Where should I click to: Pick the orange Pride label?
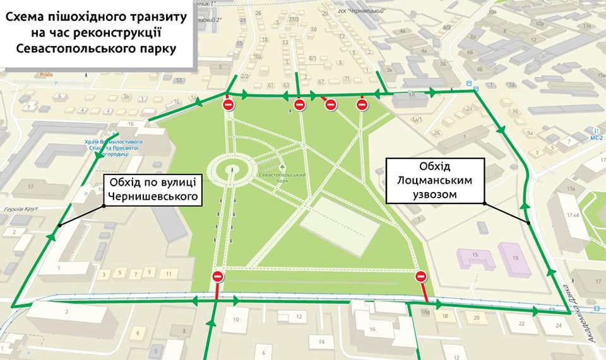tap(46, 75)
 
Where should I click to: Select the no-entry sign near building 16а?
tap(422, 276)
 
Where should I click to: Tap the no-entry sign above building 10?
tap(218, 276)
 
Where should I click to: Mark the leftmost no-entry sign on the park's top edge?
tap(229, 105)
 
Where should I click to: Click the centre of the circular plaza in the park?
tap(232, 169)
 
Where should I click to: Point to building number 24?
tap(559, 325)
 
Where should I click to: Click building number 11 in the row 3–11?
tap(167, 273)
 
